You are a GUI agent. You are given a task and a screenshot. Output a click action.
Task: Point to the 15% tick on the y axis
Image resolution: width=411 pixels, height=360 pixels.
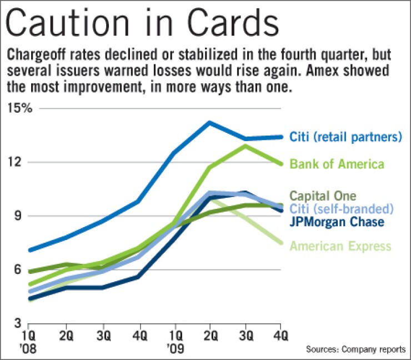point(20,108)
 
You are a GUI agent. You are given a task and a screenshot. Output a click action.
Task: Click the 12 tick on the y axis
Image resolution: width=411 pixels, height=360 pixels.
point(19,162)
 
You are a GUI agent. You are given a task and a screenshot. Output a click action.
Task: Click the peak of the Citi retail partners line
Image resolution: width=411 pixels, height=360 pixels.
point(209,122)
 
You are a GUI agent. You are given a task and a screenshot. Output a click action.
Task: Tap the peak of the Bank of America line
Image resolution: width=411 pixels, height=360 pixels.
point(245,146)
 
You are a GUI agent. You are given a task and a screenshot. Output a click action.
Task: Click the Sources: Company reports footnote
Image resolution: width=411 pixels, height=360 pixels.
point(355,349)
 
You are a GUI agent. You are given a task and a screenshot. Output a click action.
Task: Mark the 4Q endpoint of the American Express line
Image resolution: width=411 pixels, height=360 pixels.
point(282,243)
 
